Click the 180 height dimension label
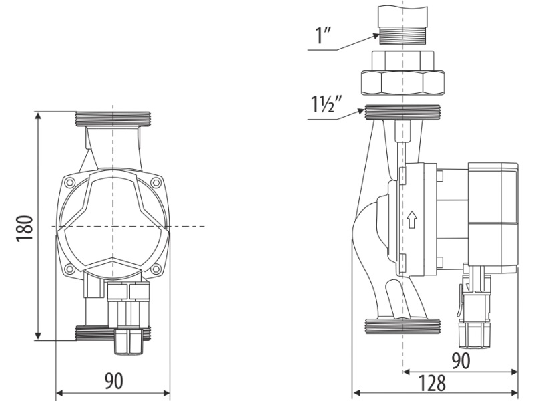pyautogui.click(x=25, y=229)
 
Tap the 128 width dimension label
pyautogui.click(x=431, y=383)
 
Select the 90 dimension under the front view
pyautogui.click(x=113, y=381)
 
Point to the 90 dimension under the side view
pyautogui.click(x=461, y=360)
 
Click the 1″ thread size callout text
pyautogui.click(x=323, y=36)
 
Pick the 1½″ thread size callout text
pyautogui.click(x=326, y=104)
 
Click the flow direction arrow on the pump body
pyautogui.click(x=412, y=220)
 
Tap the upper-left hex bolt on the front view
pyautogui.click(x=70, y=182)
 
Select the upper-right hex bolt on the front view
pyautogui.click(x=156, y=182)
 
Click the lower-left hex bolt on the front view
pyautogui.click(x=70, y=269)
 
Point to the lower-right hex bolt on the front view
pyautogui.click(x=156, y=269)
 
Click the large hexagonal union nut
pyautogui.click(x=403, y=82)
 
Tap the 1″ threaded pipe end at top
pyautogui.click(x=403, y=38)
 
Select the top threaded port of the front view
pyautogui.click(x=113, y=119)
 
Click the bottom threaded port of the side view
pyautogui.click(x=403, y=326)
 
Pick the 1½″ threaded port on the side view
pyautogui.click(x=403, y=112)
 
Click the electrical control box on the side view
pyautogui.click(x=493, y=218)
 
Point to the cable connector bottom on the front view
pyautogui.click(x=129, y=340)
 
